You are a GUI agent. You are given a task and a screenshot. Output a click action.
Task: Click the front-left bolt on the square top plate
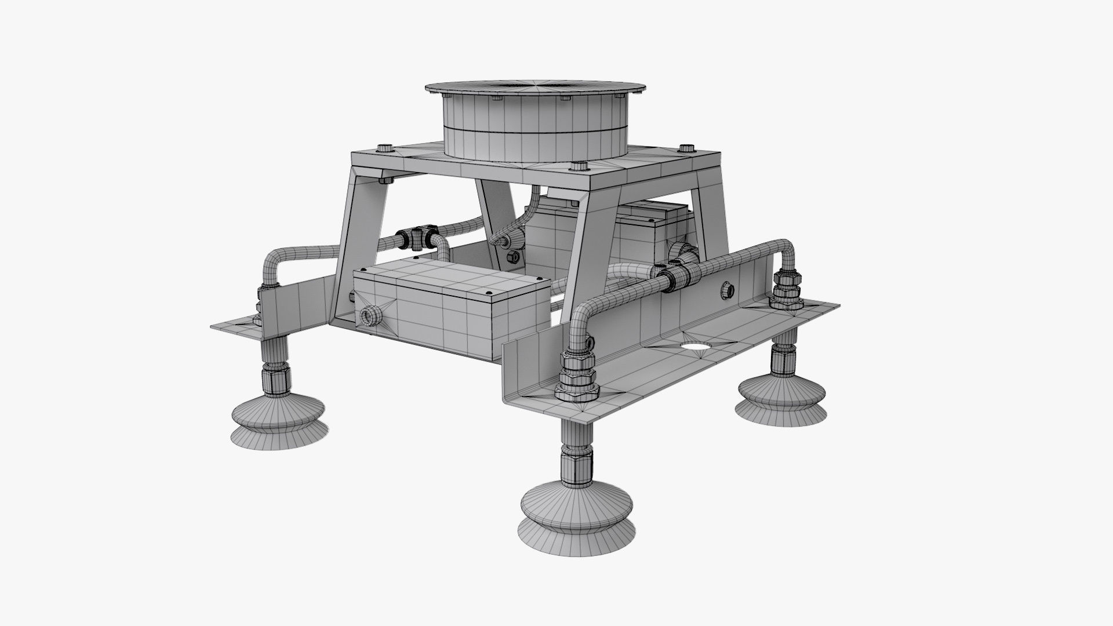[x=384, y=147]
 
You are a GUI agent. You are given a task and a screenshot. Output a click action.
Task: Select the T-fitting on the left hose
[x=416, y=236]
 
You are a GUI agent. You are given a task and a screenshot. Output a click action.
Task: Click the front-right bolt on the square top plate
[x=577, y=168]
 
